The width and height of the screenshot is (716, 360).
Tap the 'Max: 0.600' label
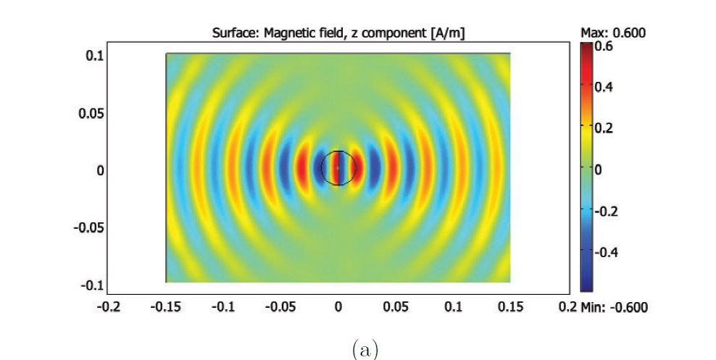[613, 33]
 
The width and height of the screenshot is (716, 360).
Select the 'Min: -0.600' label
[615, 307]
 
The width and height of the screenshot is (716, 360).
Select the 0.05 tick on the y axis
[92, 113]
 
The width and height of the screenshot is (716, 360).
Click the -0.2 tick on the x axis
[109, 306]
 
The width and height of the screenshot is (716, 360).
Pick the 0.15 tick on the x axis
[510, 306]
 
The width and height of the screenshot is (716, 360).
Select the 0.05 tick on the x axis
[396, 306]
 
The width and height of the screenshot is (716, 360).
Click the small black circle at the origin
[338, 168]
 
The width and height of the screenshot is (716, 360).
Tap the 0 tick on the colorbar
[599, 169]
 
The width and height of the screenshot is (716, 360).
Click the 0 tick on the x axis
[338, 306]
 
